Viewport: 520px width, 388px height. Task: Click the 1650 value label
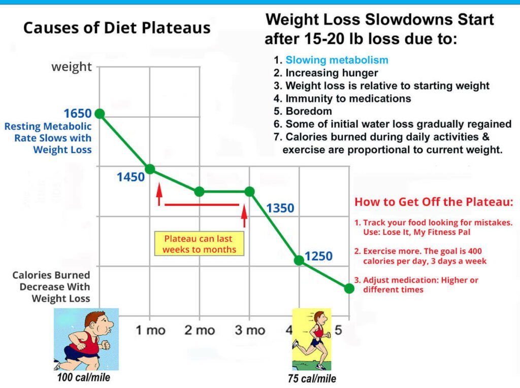click(77, 114)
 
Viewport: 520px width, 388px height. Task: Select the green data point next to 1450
click(150, 169)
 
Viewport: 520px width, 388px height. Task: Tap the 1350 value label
click(280, 208)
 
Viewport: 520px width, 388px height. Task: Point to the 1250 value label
click(318, 256)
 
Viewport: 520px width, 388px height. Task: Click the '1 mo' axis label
click(150, 330)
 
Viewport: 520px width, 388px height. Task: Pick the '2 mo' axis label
click(200, 330)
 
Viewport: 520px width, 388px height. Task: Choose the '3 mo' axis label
click(249, 330)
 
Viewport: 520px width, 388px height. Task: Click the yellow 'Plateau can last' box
click(200, 243)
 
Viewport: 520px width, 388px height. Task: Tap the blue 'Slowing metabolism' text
click(337, 60)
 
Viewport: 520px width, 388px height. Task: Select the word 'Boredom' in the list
click(309, 111)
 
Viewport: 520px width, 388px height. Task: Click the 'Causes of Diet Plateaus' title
click(117, 27)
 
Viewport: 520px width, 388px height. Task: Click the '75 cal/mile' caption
click(312, 378)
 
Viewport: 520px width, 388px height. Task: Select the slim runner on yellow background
click(311, 339)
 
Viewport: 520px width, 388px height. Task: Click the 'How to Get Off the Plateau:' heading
click(434, 202)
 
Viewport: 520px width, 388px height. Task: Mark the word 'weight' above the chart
click(72, 67)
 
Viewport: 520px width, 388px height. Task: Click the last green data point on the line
click(349, 288)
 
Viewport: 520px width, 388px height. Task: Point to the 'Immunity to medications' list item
click(348, 98)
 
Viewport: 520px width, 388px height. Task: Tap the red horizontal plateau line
click(202, 205)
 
